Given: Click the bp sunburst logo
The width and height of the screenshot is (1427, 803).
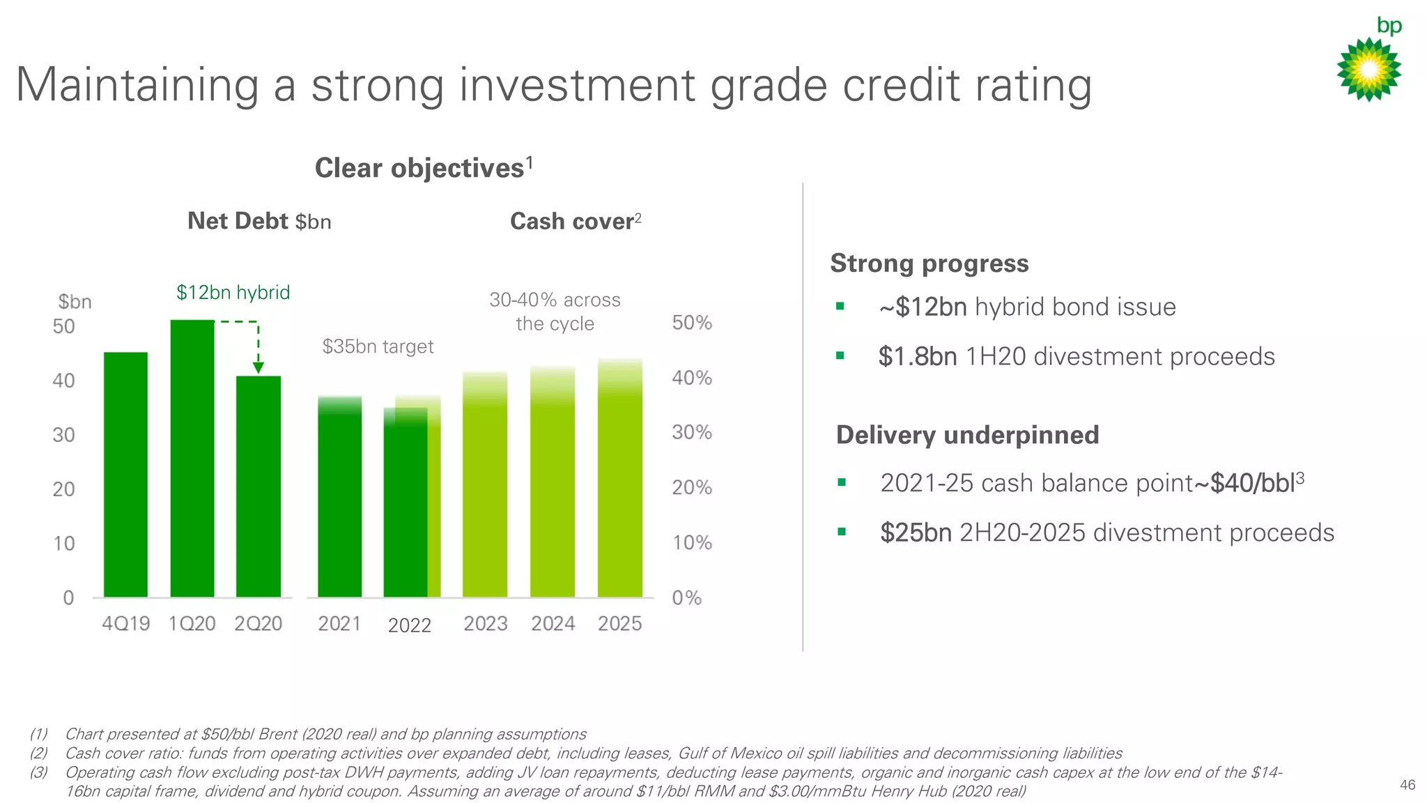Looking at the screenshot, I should (1368, 69).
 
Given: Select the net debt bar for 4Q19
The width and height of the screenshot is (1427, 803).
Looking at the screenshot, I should (125, 474).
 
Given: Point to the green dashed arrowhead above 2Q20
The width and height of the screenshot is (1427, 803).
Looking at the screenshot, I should (258, 367).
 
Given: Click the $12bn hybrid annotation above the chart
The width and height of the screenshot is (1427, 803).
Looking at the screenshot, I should (233, 292).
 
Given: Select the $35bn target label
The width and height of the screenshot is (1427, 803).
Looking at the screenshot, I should (378, 346).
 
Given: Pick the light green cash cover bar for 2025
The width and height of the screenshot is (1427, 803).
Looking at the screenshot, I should (619, 488).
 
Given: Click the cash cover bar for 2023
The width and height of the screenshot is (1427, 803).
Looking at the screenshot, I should (485, 495).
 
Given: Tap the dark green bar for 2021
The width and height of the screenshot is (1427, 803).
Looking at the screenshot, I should (339, 502).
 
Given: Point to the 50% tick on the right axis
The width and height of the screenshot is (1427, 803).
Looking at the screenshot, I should (691, 323).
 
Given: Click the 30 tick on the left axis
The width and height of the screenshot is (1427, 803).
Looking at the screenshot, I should (63, 435).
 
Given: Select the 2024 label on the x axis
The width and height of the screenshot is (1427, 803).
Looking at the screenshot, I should (553, 623).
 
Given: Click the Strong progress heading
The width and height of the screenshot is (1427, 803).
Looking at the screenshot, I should (929, 263).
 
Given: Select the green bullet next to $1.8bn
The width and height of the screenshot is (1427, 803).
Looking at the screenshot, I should (840, 356).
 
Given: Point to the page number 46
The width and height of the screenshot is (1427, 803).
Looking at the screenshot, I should (1407, 785).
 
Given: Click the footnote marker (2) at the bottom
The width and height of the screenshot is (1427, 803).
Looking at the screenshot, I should (39, 753).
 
